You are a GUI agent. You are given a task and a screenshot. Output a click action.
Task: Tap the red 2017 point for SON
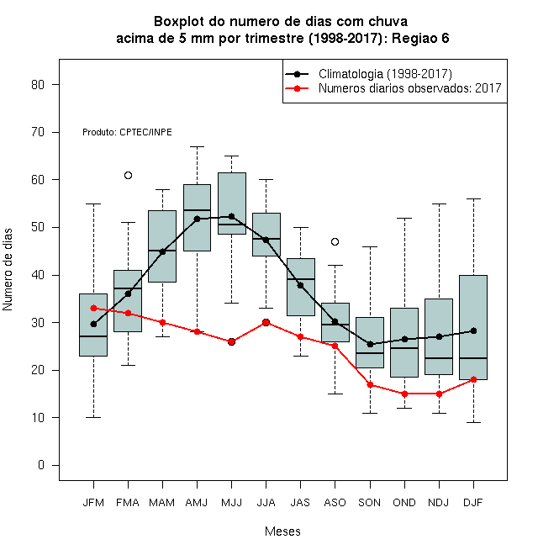[370, 384]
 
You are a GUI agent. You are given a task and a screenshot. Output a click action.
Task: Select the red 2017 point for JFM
[93, 309]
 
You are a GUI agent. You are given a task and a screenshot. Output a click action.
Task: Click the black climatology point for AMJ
[198, 219]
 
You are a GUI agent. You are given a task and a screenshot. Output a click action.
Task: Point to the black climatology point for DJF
[473, 331]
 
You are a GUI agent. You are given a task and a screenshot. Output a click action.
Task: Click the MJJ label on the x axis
[231, 503]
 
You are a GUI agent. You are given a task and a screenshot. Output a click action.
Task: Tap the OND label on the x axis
[404, 503]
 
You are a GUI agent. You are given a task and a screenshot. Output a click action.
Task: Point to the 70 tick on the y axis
[38, 132]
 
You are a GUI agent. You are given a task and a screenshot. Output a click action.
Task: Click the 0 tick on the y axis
[41, 465]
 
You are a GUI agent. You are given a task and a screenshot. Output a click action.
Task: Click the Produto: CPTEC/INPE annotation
[127, 132]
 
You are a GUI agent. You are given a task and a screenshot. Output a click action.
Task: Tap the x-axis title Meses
[282, 531]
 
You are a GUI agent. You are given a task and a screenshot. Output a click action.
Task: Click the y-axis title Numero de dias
[8, 270]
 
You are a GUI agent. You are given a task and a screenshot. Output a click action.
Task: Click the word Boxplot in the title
[179, 22]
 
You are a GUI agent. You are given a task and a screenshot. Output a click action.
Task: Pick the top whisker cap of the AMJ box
[198, 146]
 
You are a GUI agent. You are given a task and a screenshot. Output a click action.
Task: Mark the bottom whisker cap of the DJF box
[473, 422]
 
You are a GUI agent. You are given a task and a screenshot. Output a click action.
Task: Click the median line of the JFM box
[93, 336]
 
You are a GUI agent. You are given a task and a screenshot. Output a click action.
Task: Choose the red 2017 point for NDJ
[440, 394]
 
